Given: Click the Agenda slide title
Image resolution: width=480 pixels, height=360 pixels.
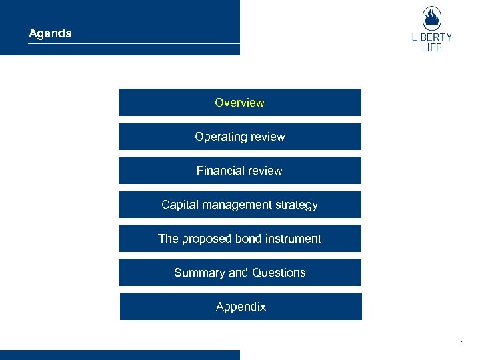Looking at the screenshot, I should (50, 33).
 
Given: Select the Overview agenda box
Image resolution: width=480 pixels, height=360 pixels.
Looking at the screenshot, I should (239, 103).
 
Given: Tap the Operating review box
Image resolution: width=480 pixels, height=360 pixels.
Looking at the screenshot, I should (239, 137).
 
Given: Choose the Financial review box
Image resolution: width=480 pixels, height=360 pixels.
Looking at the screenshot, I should (239, 171).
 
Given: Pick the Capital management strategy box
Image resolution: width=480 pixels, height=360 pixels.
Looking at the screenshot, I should (239, 205).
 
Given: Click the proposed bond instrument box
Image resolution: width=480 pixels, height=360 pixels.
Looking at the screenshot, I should (239, 239).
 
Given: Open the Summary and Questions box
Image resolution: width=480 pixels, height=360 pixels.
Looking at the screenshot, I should (239, 273).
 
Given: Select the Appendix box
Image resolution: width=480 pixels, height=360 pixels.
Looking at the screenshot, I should (241, 307).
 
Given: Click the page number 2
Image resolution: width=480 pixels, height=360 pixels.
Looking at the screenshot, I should (461, 341).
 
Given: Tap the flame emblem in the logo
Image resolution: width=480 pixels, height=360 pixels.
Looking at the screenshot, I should (431, 18).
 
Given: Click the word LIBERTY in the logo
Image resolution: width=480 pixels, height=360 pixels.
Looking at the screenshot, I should (431, 38).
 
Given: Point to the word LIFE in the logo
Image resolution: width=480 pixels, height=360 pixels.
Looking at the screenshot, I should (431, 48).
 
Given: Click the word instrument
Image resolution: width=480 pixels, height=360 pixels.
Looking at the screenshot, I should (293, 239).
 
